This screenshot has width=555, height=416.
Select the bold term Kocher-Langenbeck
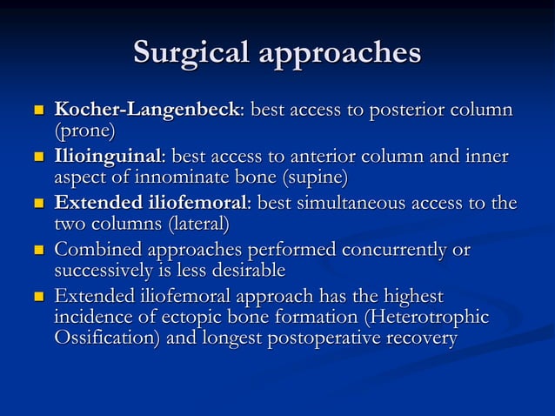click(146, 111)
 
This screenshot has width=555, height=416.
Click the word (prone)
click(84, 131)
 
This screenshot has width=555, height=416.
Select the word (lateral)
click(192, 225)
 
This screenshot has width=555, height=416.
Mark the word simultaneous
click(347, 204)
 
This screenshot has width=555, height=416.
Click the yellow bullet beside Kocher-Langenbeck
click(37, 111)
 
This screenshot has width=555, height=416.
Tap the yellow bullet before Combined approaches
click(37, 251)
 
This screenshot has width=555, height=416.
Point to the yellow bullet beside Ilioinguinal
click(37, 158)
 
